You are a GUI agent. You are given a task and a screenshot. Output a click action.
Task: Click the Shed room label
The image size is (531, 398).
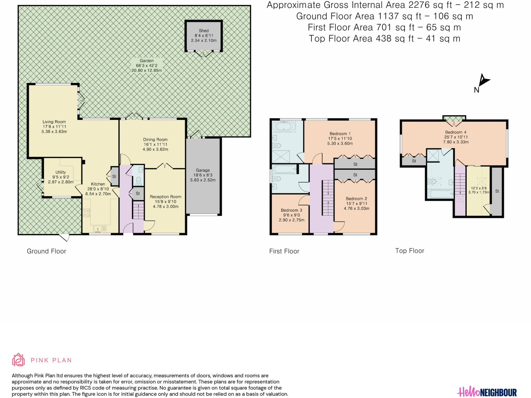pos(204,31)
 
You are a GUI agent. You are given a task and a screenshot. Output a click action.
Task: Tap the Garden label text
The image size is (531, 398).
pos(147,61)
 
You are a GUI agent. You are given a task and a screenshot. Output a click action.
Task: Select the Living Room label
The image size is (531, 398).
pos(54,122)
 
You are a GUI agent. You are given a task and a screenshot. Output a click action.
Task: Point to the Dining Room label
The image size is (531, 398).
pos(155,140)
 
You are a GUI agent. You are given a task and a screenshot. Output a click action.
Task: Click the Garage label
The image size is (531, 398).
pos(203,170)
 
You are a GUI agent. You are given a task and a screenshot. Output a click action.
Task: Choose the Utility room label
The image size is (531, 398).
pos(61,172)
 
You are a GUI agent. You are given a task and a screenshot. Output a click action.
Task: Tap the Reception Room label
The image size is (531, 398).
pos(165,197)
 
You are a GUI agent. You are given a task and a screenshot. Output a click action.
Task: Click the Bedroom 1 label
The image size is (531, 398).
pos(340,134)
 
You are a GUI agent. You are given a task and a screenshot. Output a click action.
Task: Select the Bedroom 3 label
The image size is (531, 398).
pos(292,210)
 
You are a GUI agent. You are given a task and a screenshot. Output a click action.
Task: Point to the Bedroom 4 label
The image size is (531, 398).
pos(456,132)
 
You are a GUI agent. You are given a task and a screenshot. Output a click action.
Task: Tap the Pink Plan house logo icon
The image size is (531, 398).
pos(18,360)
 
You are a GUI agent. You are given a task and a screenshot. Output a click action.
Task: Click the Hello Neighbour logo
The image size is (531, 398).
pos(487,392)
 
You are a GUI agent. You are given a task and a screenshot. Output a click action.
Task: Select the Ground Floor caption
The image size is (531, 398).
pos(46,251)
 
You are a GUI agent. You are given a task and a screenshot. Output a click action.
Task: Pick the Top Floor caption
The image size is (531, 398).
pos(410,251)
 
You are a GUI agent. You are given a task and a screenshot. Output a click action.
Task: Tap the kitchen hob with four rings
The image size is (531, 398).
pos(87,213)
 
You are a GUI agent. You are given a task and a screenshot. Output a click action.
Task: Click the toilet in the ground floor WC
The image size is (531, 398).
pos(139,181)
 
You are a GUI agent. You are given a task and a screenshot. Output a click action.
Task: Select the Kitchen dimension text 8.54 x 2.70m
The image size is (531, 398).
pos(98,194)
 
